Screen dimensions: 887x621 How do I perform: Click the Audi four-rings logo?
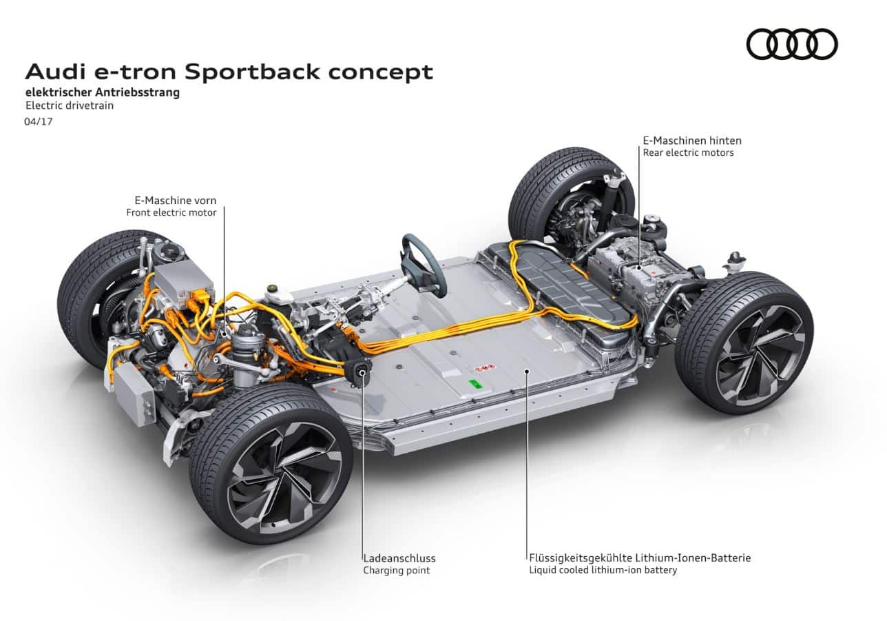click(791, 44)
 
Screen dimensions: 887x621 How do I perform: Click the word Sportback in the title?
click(252, 72)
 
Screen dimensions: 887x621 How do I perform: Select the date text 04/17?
click(39, 121)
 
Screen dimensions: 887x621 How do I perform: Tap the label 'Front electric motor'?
click(171, 212)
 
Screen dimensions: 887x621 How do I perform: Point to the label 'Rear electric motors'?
click(688, 152)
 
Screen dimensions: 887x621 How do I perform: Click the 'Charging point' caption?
click(397, 570)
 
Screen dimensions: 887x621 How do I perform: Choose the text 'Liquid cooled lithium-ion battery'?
click(603, 570)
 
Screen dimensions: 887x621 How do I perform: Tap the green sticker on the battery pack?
click(474, 384)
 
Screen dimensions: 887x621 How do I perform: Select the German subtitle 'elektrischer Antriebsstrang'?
click(103, 92)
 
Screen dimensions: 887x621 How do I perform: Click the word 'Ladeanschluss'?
click(399, 558)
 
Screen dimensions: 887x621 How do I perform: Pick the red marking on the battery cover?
click(485, 368)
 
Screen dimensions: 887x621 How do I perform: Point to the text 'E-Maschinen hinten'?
click(692, 141)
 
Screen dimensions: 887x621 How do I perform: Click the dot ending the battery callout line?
click(527, 371)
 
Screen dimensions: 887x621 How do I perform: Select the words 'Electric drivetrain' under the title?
click(70, 105)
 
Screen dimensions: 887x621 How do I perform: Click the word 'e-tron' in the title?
click(135, 72)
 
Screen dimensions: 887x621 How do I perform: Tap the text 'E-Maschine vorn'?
click(176, 200)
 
